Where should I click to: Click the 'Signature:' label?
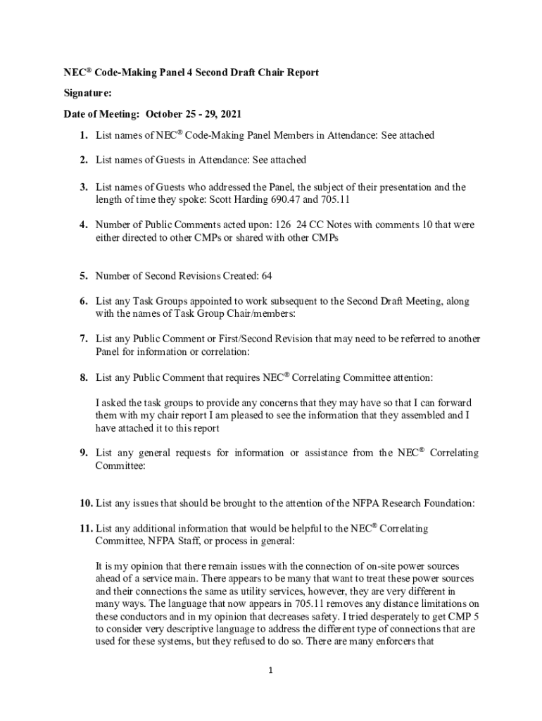pos(68,92)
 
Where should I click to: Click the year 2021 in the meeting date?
pos(229,113)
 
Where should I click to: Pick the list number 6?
pos(83,301)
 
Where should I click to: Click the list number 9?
pos(83,453)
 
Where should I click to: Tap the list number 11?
pos(86,527)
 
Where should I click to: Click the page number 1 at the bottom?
pos(271,671)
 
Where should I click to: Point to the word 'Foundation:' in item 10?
pos(446,503)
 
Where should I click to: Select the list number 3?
pos(83,187)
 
